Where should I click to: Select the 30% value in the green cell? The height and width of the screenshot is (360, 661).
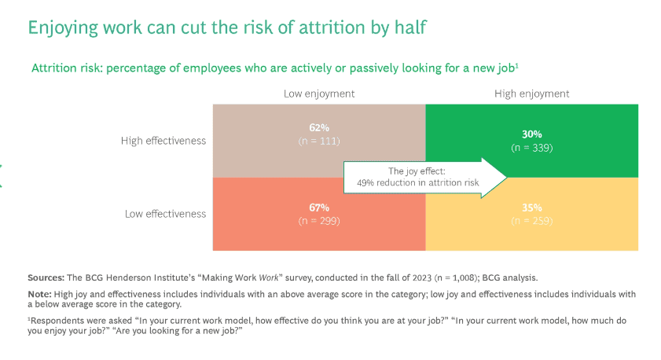tap(532, 134)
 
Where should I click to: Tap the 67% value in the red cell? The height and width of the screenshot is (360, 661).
tap(319, 208)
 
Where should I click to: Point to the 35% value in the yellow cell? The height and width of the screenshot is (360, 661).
tap(532, 208)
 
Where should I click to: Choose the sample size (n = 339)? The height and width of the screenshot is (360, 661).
tap(532, 146)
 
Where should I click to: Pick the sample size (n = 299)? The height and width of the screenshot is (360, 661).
tap(319, 220)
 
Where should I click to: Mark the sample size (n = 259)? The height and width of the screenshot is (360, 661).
tap(532, 220)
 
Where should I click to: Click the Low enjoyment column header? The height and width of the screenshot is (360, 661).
tap(319, 94)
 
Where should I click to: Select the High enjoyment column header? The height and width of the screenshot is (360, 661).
tap(532, 94)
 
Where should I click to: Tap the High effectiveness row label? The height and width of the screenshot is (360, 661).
tap(163, 141)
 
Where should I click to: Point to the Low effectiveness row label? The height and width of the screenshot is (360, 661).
tap(165, 214)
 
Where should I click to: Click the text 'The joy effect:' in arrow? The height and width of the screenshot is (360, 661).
tap(417, 171)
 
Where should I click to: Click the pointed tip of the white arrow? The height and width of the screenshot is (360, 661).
tap(507, 178)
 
